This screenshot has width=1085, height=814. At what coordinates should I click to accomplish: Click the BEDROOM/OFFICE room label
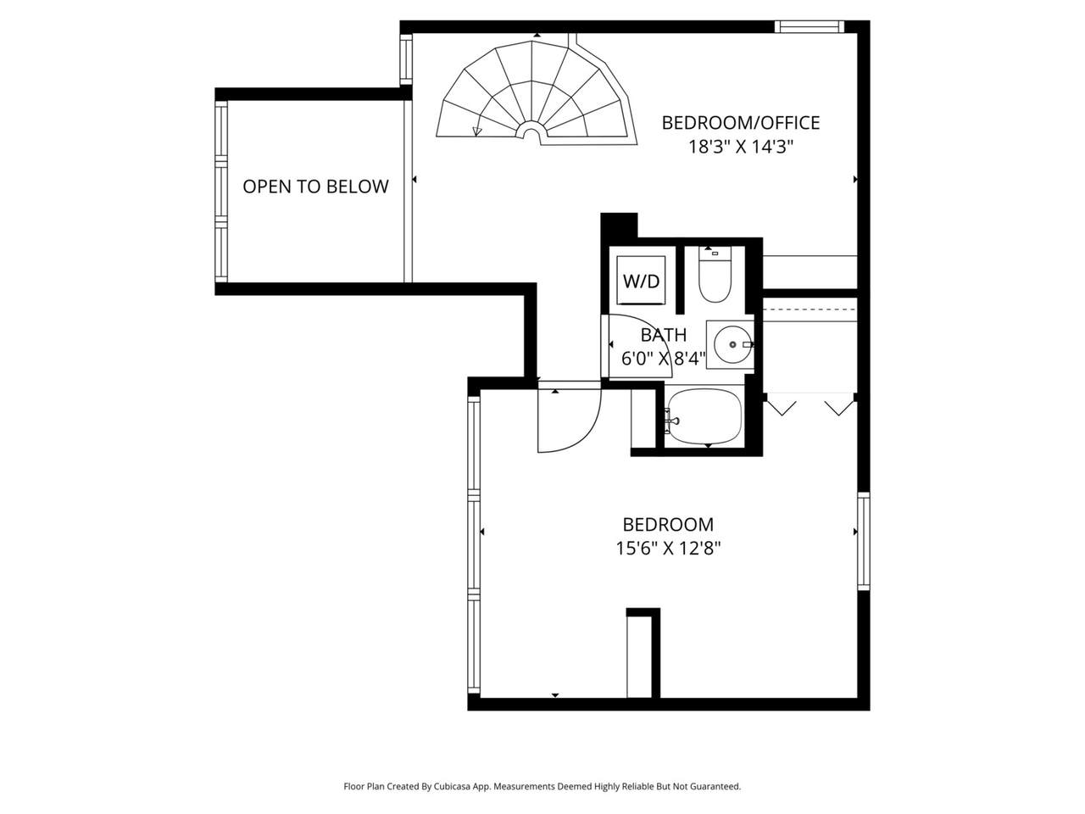pyautogui.click(x=740, y=123)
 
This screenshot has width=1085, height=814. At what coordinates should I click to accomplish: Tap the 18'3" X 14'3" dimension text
pyautogui.click(x=741, y=147)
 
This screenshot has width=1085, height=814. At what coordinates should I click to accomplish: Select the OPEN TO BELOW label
pyautogui.click(x=315, y=187)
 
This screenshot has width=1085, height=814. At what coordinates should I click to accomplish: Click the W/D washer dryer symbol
pyautogui.click(x=641, y=281)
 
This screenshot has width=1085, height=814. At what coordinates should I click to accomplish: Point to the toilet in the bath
pyautogui.click(x=715, y=275)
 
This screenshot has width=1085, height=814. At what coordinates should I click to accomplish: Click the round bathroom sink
pyautogui.click(x=733, y=344)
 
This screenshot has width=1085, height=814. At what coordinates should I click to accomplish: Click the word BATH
pyautogui.click(x=664, y=335)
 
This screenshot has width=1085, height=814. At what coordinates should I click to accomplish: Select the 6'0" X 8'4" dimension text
pyautogui.click(x=663, y=359)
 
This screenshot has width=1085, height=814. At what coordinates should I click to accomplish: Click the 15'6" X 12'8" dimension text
pyautogui.click(x=668, y=548)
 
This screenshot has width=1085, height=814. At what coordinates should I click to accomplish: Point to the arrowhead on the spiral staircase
pyautogui.click(x=477, y=131)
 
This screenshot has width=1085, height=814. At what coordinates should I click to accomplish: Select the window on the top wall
pyautogui.click(x=809, y=26)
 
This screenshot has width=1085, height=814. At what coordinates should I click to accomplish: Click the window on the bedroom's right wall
pyautogui.click(x=863, y=541)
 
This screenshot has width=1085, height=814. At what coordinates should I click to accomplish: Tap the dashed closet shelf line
pyautogui.click(x=810, y=309)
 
